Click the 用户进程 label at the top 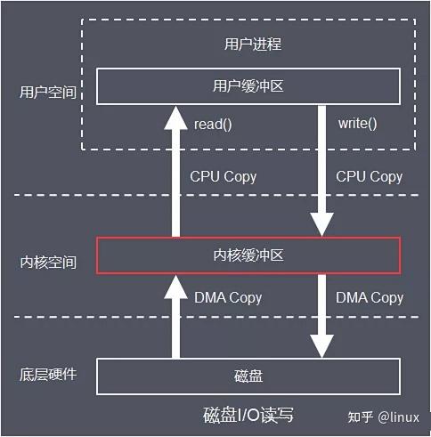pos(248,43)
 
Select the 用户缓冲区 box pos(248,86)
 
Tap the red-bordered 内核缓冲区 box pos(248,256)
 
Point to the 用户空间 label pos(47,92)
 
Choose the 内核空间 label pos(47,263)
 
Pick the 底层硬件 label pos(47,374)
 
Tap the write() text pos(357,123)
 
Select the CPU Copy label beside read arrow pos(223,176)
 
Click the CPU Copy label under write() pos(369,176)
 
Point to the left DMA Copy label pos(228,297)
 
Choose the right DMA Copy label pos(369,297)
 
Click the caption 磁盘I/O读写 pos(248,415)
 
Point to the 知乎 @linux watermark pos(383,417)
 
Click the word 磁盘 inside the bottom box pos(248,376)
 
